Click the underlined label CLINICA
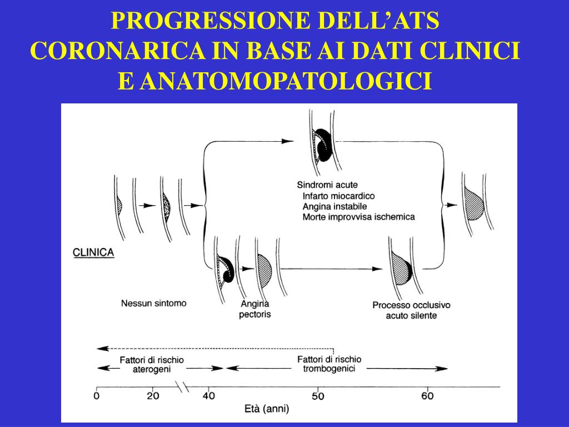point(93,252)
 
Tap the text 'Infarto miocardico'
point(339,196)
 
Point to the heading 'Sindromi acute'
point(327,185)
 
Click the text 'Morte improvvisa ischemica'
point(358,217)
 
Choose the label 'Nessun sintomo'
point(154,304)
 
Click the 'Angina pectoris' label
point(255,309)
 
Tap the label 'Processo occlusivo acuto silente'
point(411,310)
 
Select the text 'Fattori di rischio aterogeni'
point(152,364)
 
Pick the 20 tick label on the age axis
point(152,396)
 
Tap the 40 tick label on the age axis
point(208,396)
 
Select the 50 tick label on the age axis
point(317,396)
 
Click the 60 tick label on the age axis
point(427,396)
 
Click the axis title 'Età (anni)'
point(267,410)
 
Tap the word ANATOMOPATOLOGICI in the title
point(286,81)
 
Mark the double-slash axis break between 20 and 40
point(182,386)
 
